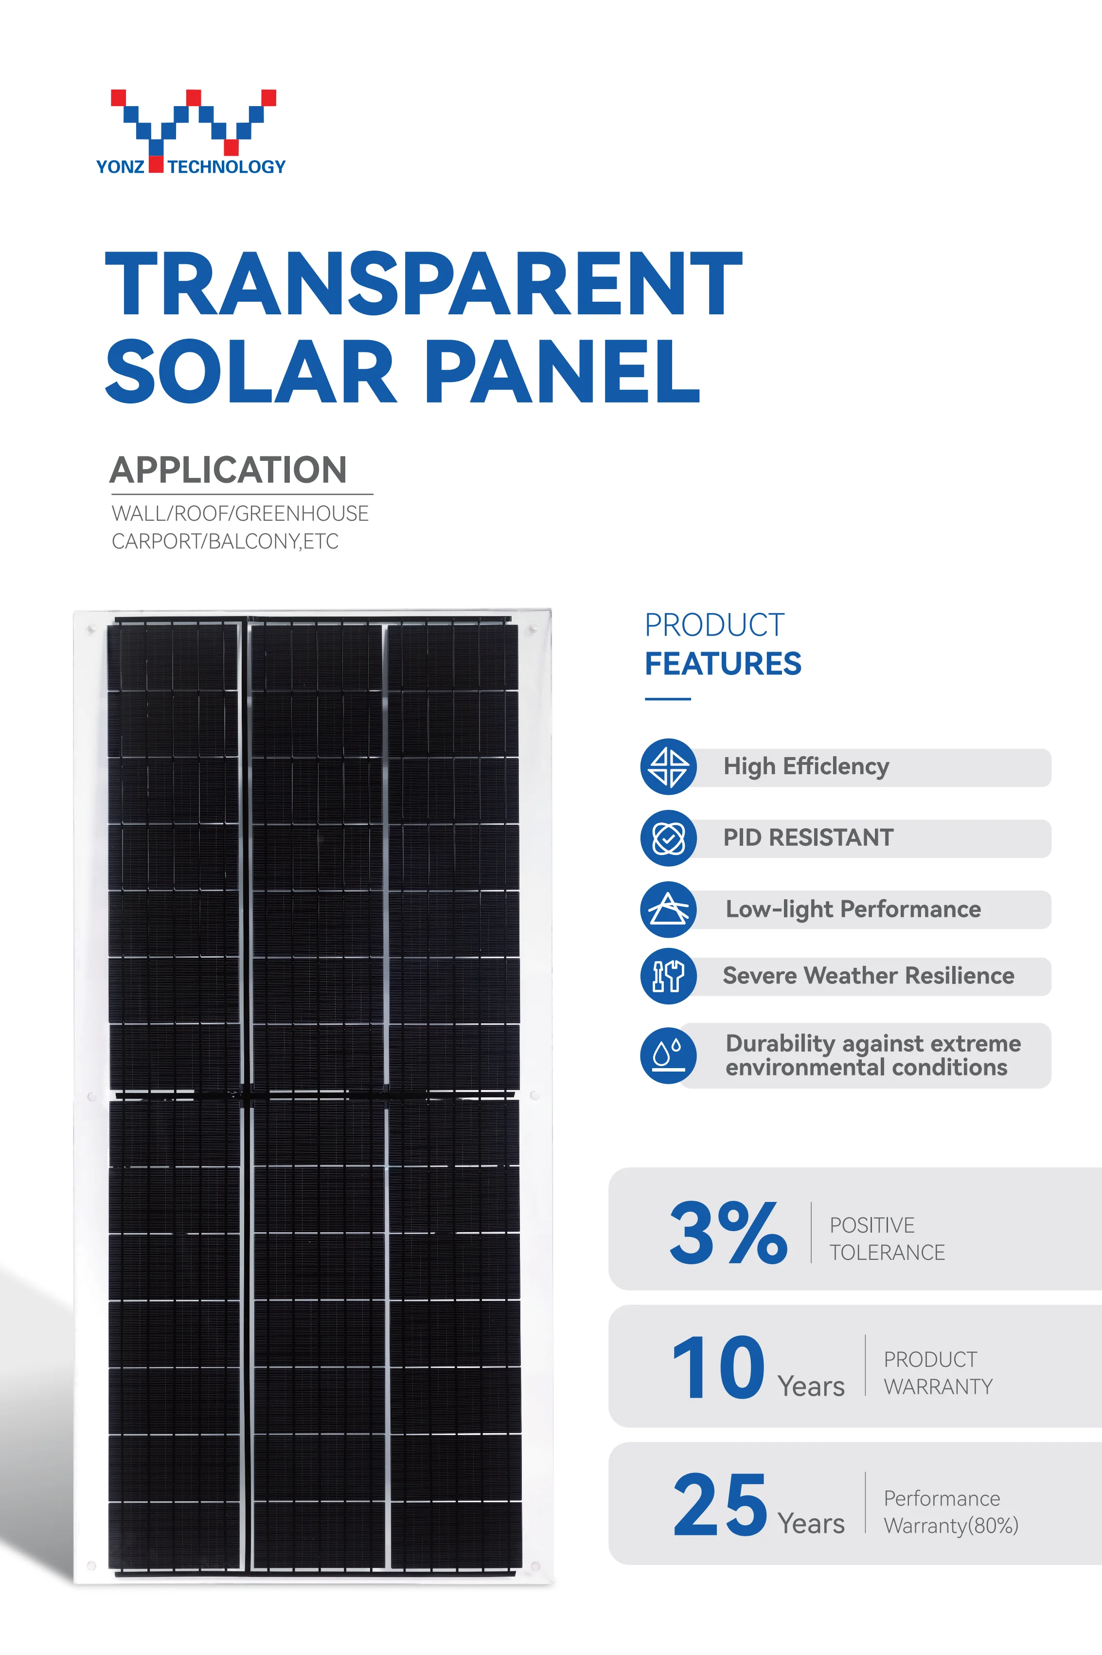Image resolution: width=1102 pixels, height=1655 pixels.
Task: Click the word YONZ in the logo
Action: pos(120,166)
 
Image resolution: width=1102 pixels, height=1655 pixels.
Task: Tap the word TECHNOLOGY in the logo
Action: pos(226,166)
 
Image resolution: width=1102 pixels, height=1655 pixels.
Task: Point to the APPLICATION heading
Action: pos(229,470)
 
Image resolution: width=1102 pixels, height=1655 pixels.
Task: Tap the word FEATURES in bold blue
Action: pos(723,664)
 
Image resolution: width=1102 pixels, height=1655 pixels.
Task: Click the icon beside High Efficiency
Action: pos(668,766)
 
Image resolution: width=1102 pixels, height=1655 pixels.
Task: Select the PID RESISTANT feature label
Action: pos(808,837)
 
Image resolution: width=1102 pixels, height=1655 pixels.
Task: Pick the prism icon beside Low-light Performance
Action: pos(668,909)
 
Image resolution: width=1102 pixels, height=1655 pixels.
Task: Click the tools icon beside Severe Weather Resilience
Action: pos(668,976)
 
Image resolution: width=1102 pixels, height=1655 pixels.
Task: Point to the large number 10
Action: pos(718,1367)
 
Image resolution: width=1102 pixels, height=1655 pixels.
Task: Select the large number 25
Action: pos(720,1505)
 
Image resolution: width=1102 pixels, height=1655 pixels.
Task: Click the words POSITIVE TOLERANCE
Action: pos(887,1239)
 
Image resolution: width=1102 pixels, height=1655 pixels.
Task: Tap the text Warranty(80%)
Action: pos(951,1526)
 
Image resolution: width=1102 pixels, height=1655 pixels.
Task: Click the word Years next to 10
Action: pos(811,1386)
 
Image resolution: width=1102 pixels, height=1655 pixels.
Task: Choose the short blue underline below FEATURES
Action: pos(668,699)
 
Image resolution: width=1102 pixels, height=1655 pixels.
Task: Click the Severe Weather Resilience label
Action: pos(868,976)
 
